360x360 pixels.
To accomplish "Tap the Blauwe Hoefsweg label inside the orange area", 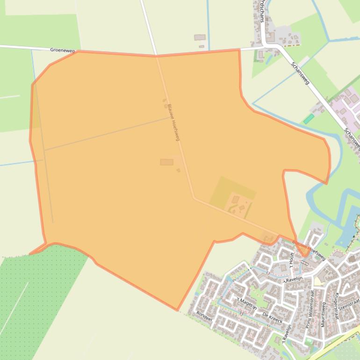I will pyautogui.click(x=173, y=122).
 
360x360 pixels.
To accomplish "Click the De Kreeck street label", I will pyautogui.click(x=272, y=317).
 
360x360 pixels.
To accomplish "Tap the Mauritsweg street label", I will pyautogui.click(x=323, y=313).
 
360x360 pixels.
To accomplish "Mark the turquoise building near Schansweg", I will pyautogui.click(x=309, y=119).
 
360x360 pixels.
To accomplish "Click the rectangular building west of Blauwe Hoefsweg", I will pyautogui.click(x=166, y=162).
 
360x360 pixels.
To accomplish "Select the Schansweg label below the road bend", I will pyautogui.click(x=300, y=73).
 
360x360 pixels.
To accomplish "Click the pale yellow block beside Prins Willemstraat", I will pyautogui.click(x=318, y=281).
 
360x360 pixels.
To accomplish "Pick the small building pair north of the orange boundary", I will pyautogui.click(x=200, y=40).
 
